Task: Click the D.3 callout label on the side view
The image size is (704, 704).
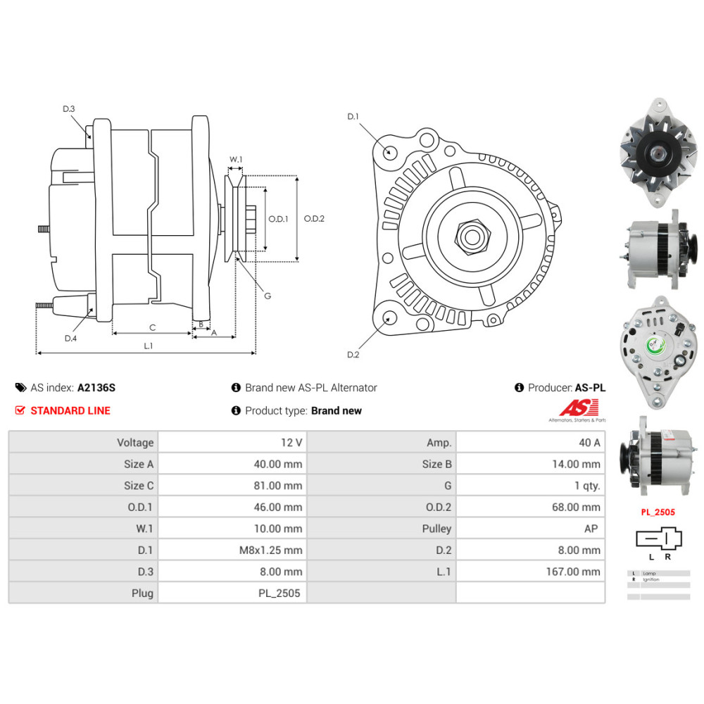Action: [68, 108]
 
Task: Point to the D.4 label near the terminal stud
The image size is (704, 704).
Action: [70, 339]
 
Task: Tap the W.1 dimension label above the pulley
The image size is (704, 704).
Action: [236, 160]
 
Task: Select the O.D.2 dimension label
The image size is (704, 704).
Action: [314, 218]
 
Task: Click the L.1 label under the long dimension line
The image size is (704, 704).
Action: [148, 346]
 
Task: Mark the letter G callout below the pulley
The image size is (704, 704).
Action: [268, 296]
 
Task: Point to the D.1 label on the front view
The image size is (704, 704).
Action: [353, 116]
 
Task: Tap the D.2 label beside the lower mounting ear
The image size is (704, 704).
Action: [353, 355]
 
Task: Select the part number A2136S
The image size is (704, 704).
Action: [96, 388]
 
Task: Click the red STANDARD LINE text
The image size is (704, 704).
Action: [70, 410]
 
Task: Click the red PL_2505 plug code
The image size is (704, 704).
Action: [658, 513]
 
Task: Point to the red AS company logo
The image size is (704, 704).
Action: [579, 408]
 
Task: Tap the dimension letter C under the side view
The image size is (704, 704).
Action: [152, 327]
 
